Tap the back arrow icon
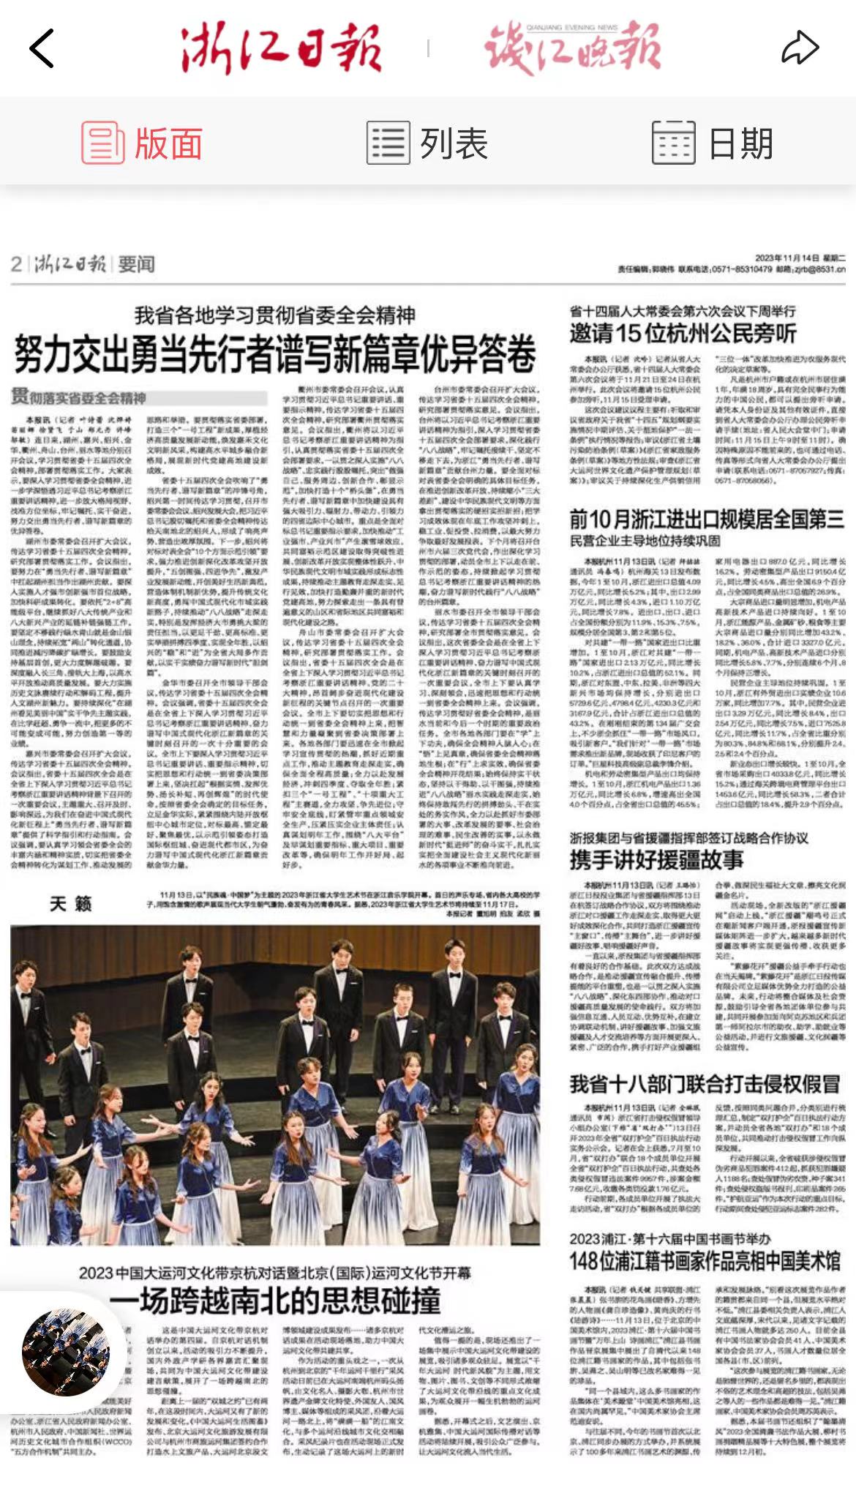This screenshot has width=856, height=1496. click(42, 49)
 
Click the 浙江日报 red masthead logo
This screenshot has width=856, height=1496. click(281, 49)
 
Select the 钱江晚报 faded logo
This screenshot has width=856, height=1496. click(573, 48)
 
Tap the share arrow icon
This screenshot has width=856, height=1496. click(800, 49)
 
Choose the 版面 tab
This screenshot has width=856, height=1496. click(143, 143)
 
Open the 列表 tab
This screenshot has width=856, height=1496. click(428, 143)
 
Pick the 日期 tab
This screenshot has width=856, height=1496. click(713, 143)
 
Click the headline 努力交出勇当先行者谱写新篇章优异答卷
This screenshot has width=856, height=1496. click(275, 355)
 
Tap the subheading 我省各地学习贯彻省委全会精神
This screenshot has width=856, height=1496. click(275, 315)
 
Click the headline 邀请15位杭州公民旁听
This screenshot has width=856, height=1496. click(683, 334)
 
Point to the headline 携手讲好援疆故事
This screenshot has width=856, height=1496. click(656, 859)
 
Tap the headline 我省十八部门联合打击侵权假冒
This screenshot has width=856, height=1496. click(705, 1083)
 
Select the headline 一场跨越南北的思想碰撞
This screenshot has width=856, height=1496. click(275, 1300)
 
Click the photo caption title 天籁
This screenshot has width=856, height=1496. click(71, 904)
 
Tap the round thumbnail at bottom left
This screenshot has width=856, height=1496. click(66, 1353)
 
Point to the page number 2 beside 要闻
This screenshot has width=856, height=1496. click(17, 264)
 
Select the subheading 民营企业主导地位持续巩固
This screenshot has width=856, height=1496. click(645, 541)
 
